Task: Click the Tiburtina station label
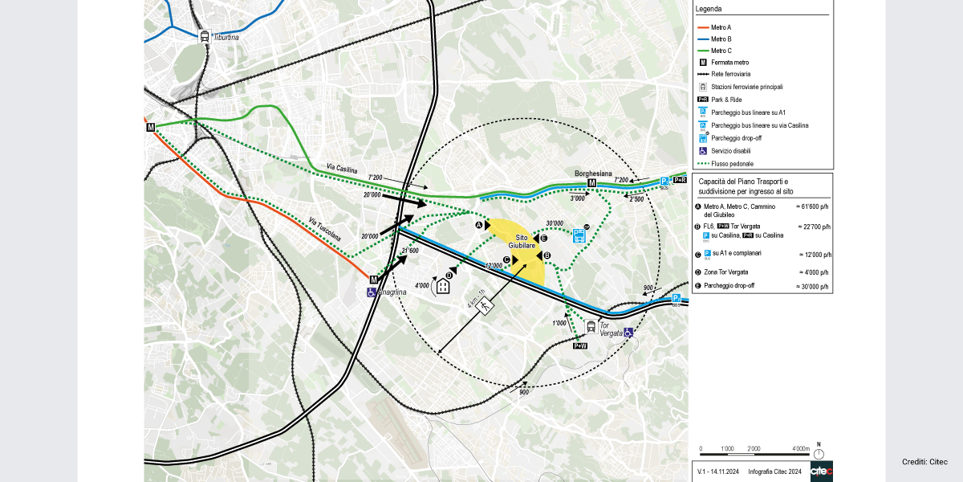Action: [226, 38]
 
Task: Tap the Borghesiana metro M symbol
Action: [592, 183]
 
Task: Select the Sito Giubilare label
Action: [521, 242]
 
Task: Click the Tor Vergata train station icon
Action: [591, 326]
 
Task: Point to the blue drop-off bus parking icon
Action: [579, 235]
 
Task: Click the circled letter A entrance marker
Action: [479, 227]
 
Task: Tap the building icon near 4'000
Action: [443, 285]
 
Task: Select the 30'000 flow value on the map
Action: [554, 223]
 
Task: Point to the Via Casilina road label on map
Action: [341, 169]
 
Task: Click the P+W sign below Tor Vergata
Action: [580, 345]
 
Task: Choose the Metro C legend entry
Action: [722, 51]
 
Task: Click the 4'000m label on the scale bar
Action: [800, 448]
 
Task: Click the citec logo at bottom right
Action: [821, 472]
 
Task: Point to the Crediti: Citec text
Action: [924, 462]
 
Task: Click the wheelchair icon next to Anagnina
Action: [371, 293]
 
